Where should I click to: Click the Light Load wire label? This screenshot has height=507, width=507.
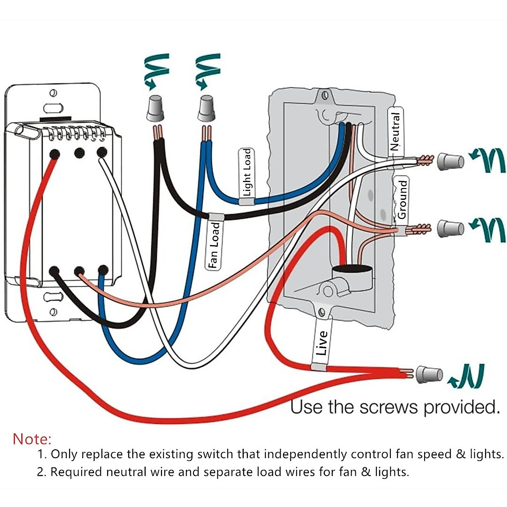(247, 173)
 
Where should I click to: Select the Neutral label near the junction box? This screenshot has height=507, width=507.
(395, 131)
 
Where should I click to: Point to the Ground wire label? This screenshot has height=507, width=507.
(402, 199)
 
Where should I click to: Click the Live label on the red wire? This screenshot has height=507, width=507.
(322, 343)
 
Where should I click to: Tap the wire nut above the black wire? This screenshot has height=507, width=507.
(156, 109)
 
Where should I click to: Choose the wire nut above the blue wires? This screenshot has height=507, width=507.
(206, 109)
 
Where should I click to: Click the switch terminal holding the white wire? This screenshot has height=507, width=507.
(101, 152)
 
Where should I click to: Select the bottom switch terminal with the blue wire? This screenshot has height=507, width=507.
(103, 270)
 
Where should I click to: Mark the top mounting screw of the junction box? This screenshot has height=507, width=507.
(324, 95)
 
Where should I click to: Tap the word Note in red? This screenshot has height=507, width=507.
(32, 439)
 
